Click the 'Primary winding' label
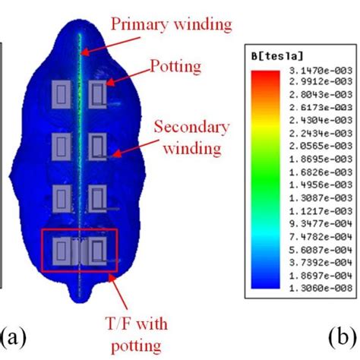pyautogui.click(x=171, y=24)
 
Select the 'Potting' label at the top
pyautogui.click(x=176, y=67)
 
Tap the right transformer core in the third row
pyautogui.click(x=97, y=198)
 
